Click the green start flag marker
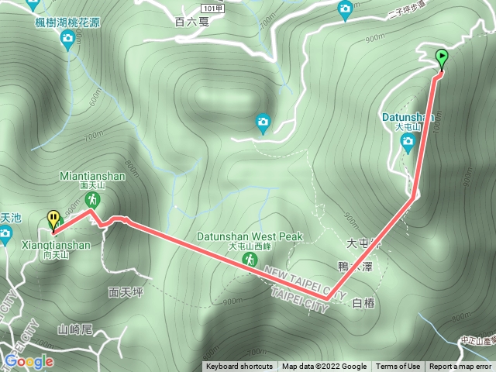pos(442,57)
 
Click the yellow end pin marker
pos(53,219)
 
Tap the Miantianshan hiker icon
pos(91,200)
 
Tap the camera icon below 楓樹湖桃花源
pos(68,38)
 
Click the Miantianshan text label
pos(92,176)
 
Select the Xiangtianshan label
pos(57,245)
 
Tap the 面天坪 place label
pos(122,292)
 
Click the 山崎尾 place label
pos(75,329)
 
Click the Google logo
pos(29,361)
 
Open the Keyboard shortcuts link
pos(239,367)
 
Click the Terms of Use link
pos(398,367)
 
